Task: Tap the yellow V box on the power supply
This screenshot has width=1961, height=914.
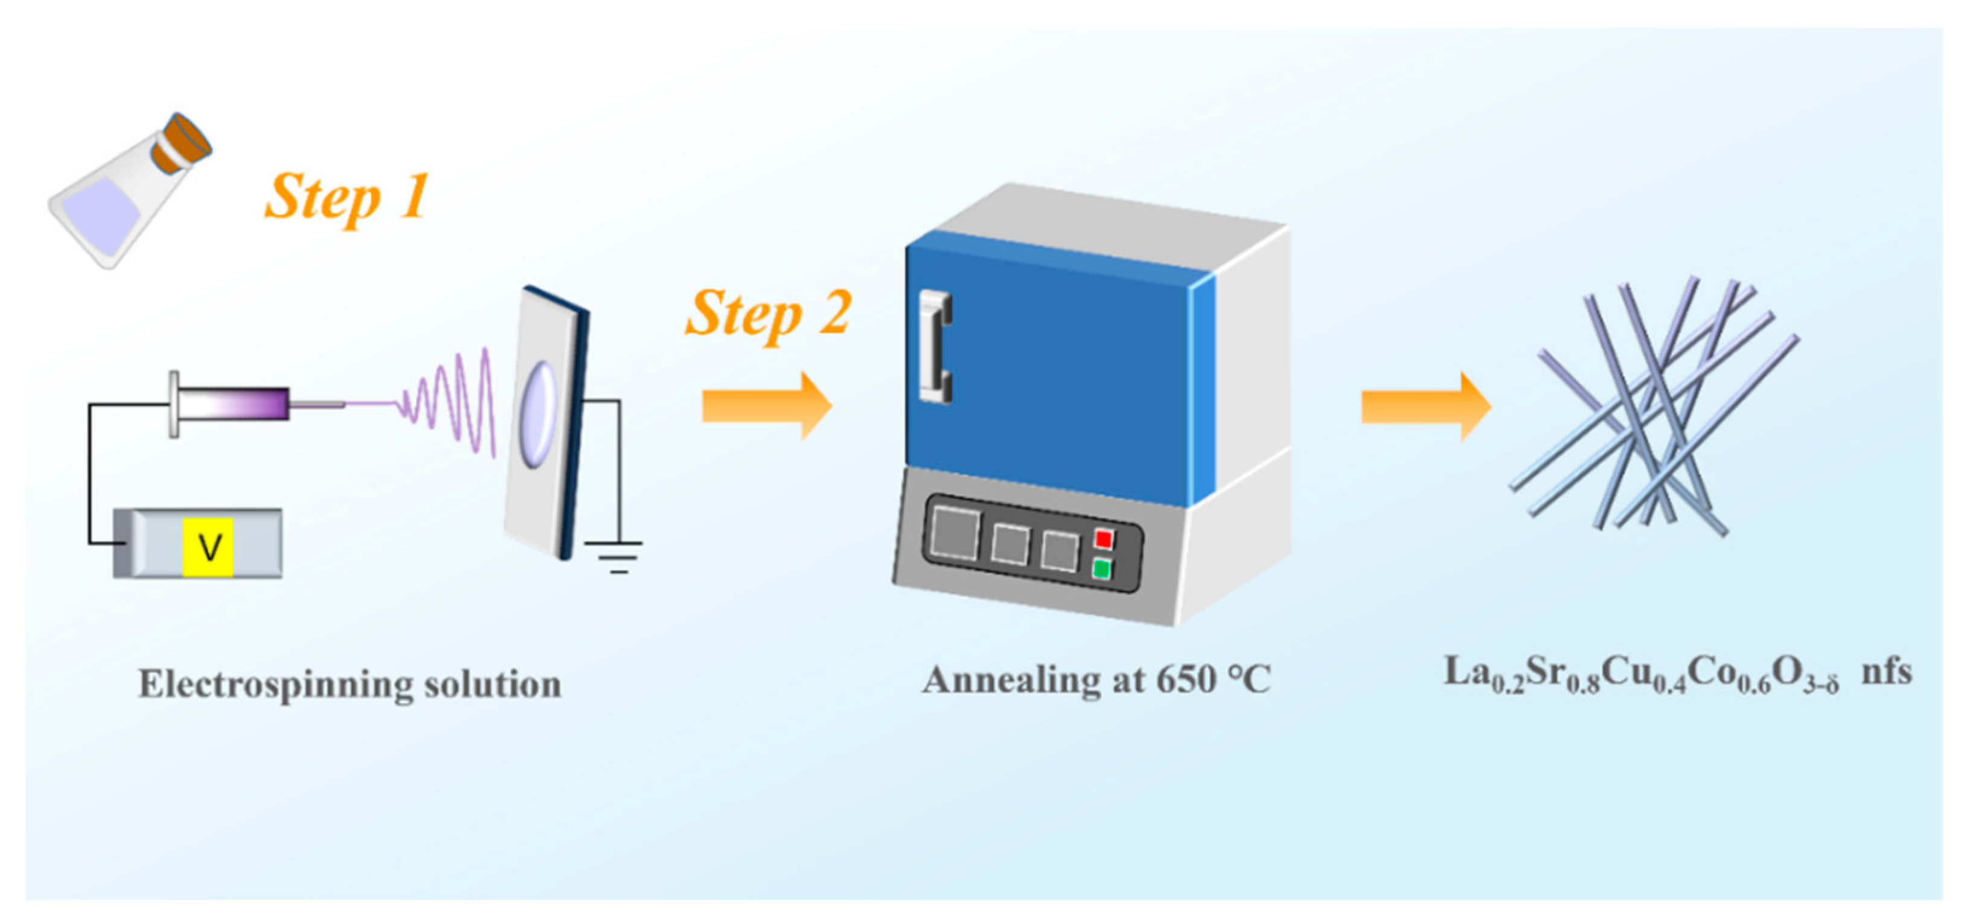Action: click(x=208, y=546)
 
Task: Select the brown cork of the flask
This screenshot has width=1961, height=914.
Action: click(x=181, y=145)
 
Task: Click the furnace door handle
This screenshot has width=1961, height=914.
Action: click(x=935, y=347)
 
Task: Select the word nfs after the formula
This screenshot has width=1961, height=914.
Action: click(x=1886, y=672)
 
